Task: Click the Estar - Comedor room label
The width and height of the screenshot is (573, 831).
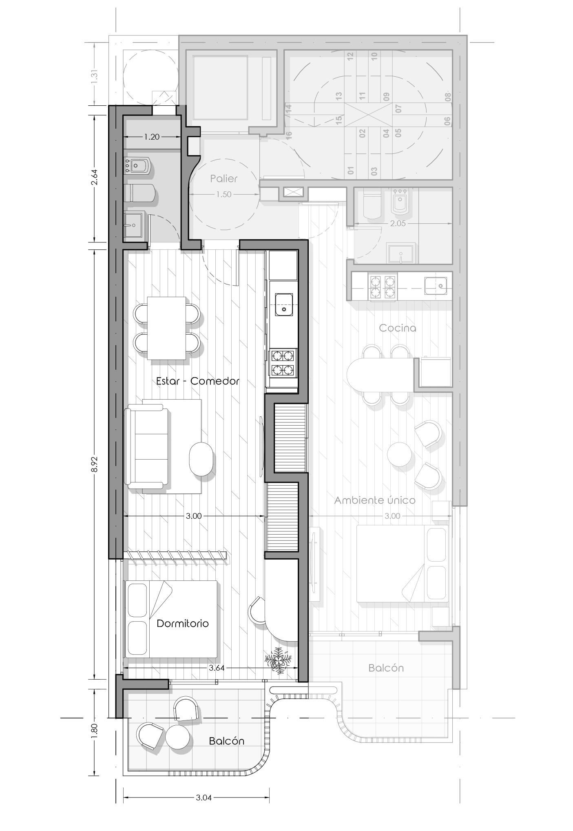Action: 198,381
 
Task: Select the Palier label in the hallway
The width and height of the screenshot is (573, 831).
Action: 224,178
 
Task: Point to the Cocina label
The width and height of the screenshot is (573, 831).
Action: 398,328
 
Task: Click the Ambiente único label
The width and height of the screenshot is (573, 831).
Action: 375,500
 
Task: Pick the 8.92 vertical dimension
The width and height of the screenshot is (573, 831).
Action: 94,464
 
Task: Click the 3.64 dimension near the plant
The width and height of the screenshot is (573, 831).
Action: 217,668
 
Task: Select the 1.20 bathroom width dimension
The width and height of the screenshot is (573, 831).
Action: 152,137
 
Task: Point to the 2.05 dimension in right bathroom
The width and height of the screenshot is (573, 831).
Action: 398,223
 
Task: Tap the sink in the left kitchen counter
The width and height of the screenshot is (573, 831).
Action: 284,304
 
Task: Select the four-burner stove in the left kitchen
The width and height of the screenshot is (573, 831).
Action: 283,363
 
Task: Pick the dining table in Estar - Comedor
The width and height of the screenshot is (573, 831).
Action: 166,328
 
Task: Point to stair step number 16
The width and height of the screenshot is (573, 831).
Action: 289,136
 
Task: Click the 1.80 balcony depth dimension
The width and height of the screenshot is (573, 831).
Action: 94,730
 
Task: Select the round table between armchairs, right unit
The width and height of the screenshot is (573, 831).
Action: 399,454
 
